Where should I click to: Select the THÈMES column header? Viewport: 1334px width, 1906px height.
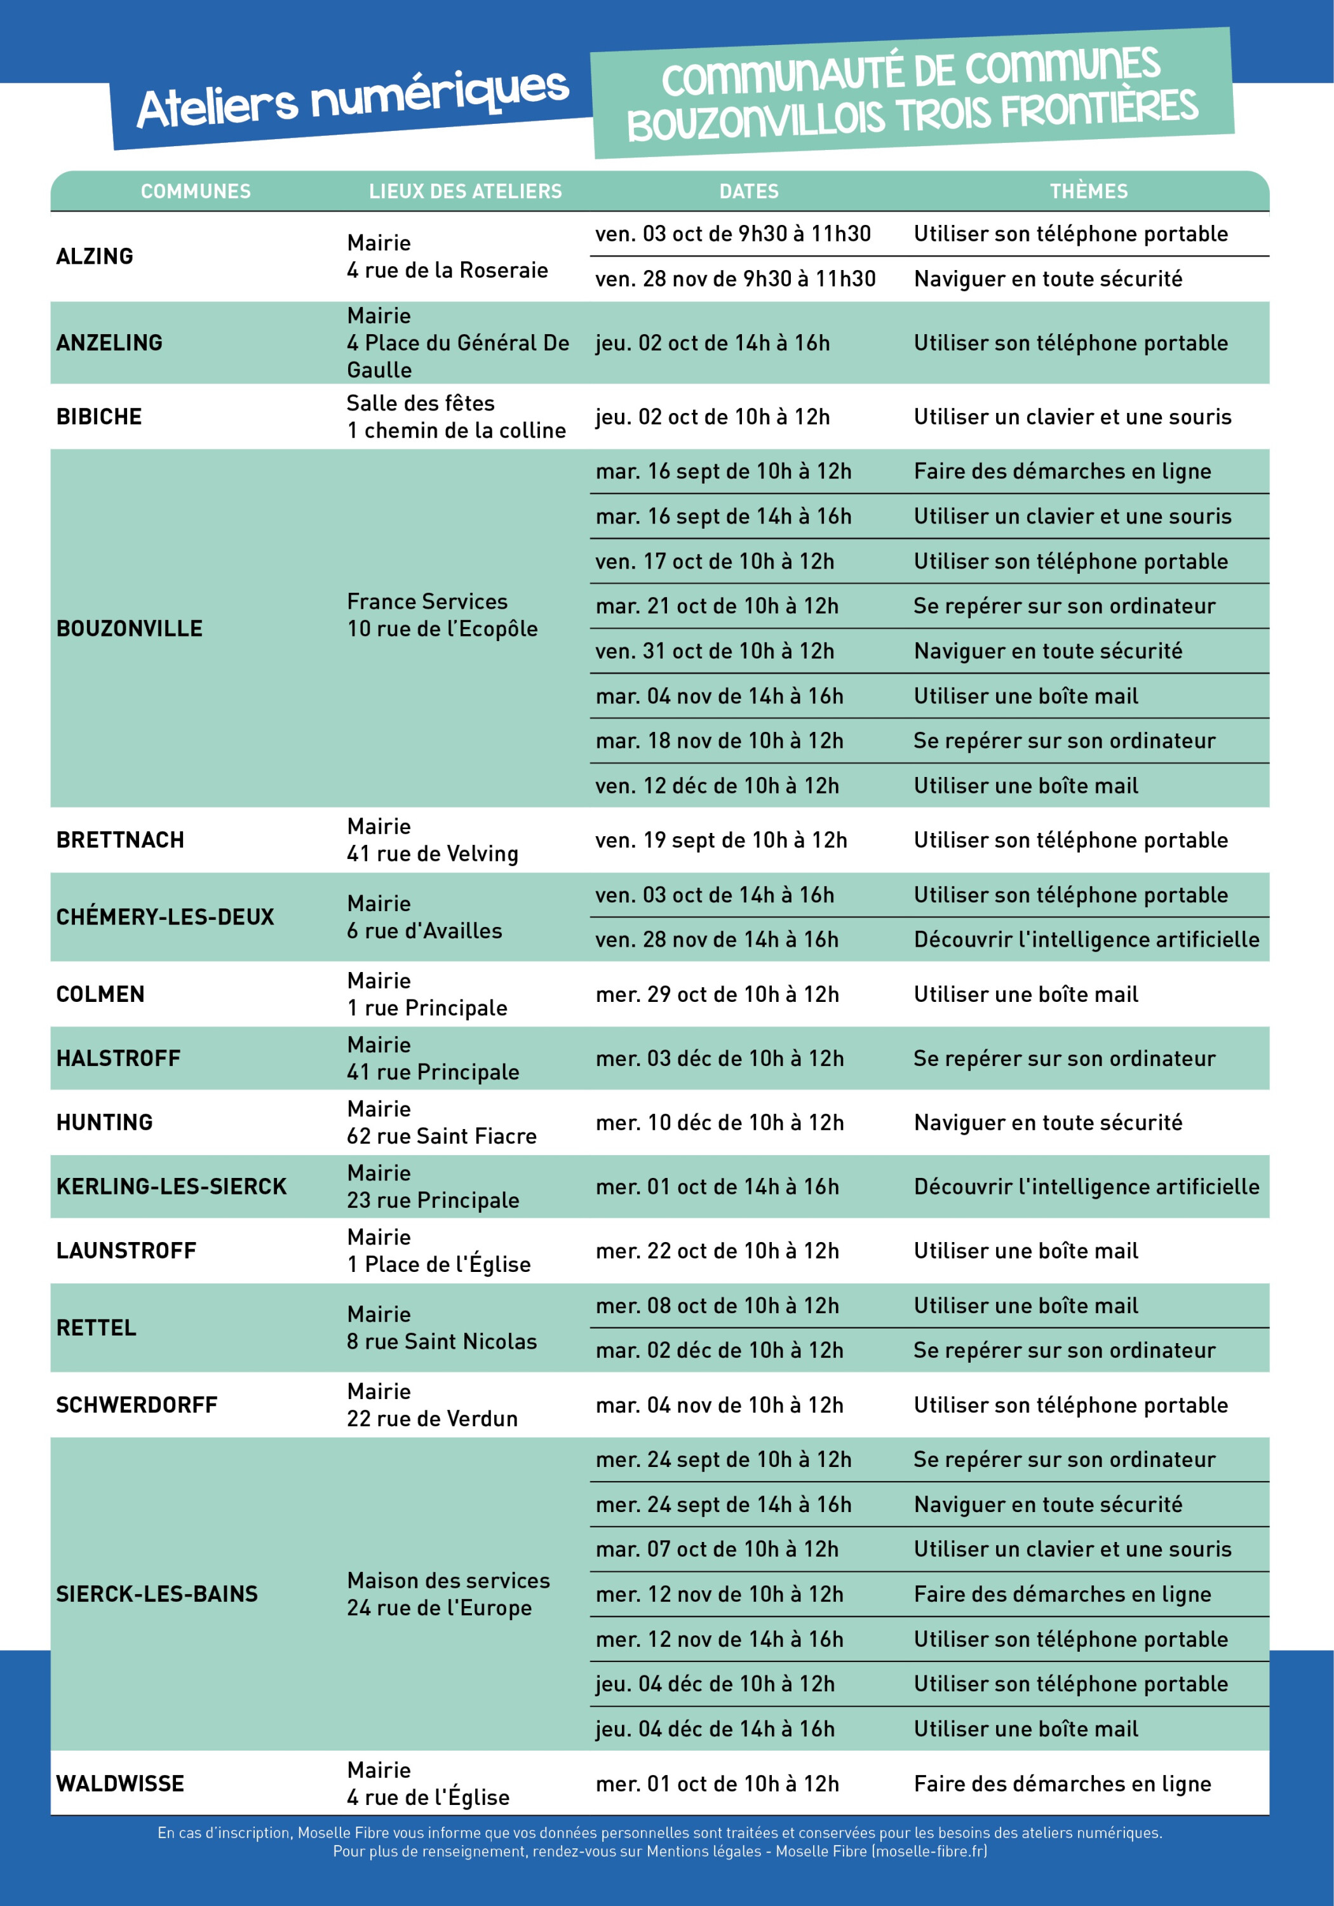tap(1088, 192)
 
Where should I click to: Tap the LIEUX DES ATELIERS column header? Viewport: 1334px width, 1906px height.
tap(465, 192)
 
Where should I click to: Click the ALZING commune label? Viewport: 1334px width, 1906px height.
tap(95, 257)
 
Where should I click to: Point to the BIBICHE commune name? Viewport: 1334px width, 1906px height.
tap(99, 417)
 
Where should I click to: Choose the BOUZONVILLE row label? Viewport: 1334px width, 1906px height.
tap(130, 628)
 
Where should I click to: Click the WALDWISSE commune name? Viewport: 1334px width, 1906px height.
tap(119, 1783)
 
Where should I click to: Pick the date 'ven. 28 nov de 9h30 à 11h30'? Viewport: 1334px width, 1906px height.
tap(735, 279)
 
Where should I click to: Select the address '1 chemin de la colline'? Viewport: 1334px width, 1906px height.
tap(455, 431)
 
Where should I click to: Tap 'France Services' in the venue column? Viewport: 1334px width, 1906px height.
tap(427, 601)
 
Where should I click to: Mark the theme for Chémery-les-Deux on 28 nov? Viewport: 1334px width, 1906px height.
tap(1086, 940)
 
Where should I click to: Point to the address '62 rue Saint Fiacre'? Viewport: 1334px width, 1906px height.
tap(441, 1137)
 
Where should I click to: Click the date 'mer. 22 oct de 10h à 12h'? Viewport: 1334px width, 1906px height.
tap(717, 1251)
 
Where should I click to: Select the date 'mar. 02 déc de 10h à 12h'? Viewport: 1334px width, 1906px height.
tap(719, 1351)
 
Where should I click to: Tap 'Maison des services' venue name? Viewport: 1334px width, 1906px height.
tap(448, 1581)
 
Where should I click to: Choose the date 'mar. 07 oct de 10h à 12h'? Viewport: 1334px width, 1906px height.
tap(717, 1550)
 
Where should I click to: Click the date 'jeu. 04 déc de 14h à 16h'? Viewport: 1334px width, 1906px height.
tap(714, 1729)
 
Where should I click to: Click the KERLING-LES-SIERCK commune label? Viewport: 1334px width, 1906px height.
tap(171, 1187)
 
